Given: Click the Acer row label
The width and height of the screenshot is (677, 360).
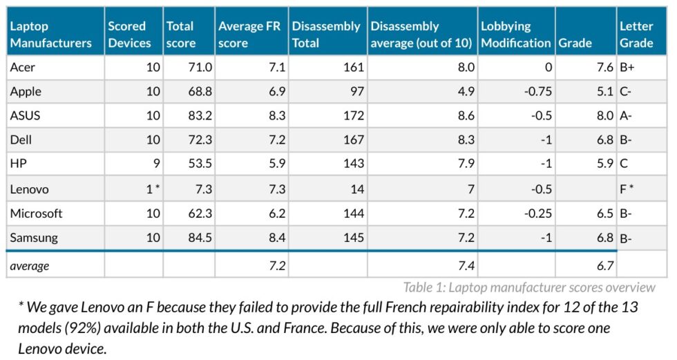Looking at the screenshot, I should click(x=22, y=67).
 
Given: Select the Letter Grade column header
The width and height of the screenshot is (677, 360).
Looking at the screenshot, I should click(x=636, y=34).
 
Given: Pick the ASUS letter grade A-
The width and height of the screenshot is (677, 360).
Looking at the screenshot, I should click(x=626, y=115).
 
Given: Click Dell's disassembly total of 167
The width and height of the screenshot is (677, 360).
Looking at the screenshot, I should click(x=352, y=140).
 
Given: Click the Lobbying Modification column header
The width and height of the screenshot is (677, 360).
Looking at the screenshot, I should click(x=516, y=34).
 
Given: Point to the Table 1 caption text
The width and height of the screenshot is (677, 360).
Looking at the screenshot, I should click(x=529, y=287).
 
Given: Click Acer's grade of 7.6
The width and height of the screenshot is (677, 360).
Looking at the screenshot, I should click(x=603, y=67).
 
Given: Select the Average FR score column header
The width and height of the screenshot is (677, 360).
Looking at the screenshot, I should click(x=249, y=34).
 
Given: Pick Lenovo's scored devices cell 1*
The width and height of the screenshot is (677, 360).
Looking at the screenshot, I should click(x=153, y=189).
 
